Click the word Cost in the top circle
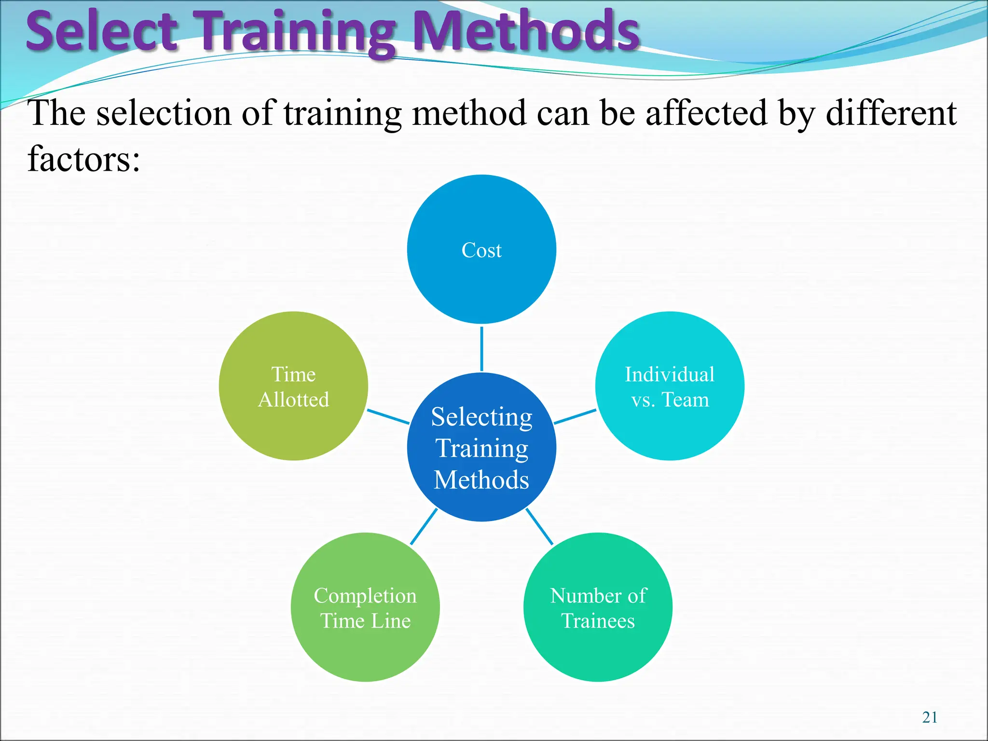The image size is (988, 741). pos(481,250)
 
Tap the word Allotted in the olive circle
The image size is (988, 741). pos(293,400)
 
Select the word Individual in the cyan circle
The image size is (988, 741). pos(670,375)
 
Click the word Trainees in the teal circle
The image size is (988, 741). pos(598,621)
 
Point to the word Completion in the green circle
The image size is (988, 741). pos(365,596)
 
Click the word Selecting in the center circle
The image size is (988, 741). pos(481,417)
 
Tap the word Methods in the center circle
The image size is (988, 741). pos(481,480)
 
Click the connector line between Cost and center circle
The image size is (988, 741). pos(481,349)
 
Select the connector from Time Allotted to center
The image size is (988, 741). pos(388,417)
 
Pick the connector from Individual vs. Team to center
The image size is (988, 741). pos(575,417)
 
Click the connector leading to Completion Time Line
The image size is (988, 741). pos(424,527)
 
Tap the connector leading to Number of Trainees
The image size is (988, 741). pos(539,527)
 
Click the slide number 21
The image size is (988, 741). pos(930,717)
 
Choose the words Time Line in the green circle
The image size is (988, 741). pos(365,621)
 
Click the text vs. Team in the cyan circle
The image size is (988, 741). pos(670,400)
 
